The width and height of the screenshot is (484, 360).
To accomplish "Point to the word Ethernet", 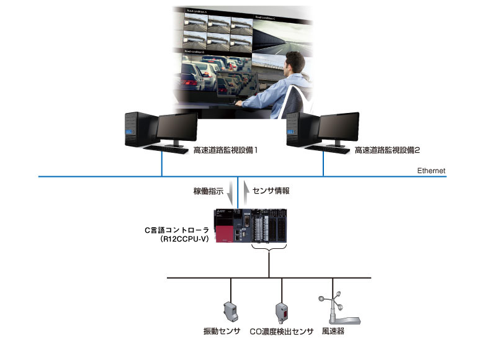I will [x=432, y=170].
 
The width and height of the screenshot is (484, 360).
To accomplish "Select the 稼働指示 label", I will [x=208, y=191].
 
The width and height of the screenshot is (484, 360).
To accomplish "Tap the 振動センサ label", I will [x=222, y=332].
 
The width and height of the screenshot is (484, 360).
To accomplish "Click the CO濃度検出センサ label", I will [x=282, y=332].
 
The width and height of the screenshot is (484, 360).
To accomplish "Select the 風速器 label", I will [x=333, y=332].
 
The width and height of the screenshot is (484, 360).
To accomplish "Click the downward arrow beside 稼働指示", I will [x=231, y=192].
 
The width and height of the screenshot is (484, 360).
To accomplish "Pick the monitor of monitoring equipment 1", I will [x=177, y=128].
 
